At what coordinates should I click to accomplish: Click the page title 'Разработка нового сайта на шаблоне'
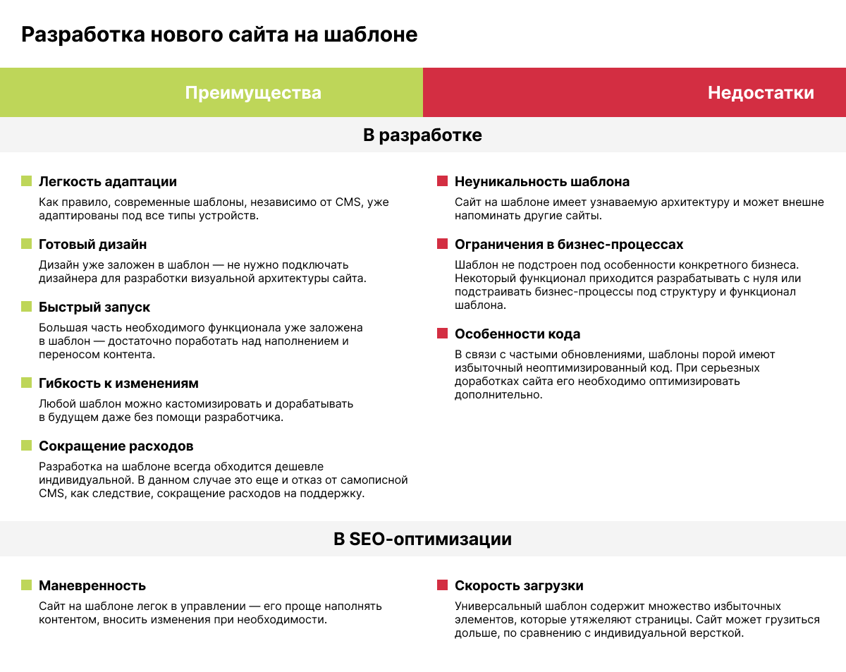(219, 35)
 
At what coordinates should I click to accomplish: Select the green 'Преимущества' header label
(253, 92)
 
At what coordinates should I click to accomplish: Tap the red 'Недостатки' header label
(761, 92)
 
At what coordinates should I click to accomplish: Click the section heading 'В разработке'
(422, 135)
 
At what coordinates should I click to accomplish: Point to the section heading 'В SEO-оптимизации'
(422, 539)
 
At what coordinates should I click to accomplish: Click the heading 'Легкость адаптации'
(108, 181)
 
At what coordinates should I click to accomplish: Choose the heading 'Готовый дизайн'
(93, 244)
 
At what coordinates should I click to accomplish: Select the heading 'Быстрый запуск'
(94, 307)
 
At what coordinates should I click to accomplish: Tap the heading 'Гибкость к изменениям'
(118, 384)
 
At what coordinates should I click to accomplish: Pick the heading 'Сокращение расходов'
(116, 446)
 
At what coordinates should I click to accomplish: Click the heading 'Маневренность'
(92, 585)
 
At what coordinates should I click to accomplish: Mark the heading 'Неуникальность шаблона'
(542, 181)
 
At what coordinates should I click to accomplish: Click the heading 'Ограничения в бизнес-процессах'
(569, 244)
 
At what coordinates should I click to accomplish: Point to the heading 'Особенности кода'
(517, 334)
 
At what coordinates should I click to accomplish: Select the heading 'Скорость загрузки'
(519, 585)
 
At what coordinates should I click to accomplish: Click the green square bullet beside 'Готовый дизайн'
(27, 244)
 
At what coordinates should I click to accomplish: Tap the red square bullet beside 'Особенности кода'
(443, 334)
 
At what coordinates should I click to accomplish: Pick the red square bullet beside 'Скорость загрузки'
(443, 585)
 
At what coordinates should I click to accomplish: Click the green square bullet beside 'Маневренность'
(27, 585)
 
